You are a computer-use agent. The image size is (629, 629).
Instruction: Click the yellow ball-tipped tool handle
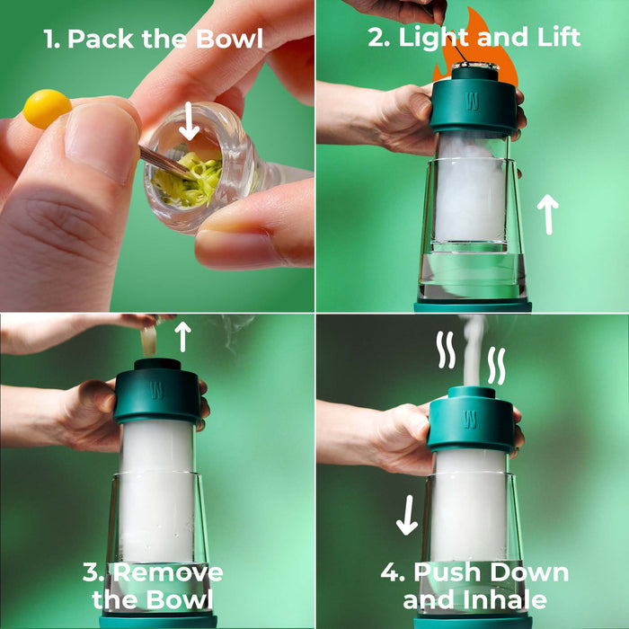(x=47, y=108)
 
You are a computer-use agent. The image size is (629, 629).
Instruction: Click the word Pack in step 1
(x=99, y=39)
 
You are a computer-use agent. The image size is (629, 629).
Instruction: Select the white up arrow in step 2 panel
(x=547, y=215)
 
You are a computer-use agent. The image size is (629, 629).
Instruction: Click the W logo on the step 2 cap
(x=472, y=101)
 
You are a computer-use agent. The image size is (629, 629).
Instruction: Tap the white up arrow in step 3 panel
(x=182, y=335)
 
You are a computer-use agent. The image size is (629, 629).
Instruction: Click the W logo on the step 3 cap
(x=157, y=392)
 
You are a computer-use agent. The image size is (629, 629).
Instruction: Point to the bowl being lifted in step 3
(x=149, y=340)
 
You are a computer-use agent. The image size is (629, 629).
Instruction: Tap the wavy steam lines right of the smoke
(x=497, y=366)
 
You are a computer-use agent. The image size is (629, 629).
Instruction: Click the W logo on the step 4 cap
(x=472, y=418)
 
